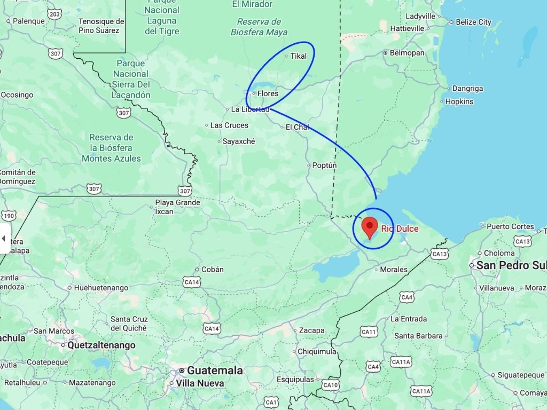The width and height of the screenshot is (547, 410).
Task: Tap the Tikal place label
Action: [299, 56]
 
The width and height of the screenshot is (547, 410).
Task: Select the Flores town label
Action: [268, 93]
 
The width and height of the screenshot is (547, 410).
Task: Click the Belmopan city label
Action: [407, 53]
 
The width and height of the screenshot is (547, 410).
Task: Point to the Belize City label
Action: [473, 22]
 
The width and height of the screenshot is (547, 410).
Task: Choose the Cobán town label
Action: [213, 270]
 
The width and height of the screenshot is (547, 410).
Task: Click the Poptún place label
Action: [324, 165]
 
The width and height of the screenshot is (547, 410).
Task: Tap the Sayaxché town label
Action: [239, 141]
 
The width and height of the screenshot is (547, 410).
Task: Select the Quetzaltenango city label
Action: [101, 345]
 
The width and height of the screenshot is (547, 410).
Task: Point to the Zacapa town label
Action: [311, 330]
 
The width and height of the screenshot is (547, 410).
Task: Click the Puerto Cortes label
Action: [510, 226]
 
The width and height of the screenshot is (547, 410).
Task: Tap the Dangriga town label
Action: [467, 89]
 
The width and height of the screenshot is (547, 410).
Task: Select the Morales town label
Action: [393, 270]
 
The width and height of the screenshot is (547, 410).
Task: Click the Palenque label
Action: [28, 21]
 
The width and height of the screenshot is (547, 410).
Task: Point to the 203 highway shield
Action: [54, 13]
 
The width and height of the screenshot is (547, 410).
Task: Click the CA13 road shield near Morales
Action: [439, 254]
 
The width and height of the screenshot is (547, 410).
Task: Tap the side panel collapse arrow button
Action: [4, 238]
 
